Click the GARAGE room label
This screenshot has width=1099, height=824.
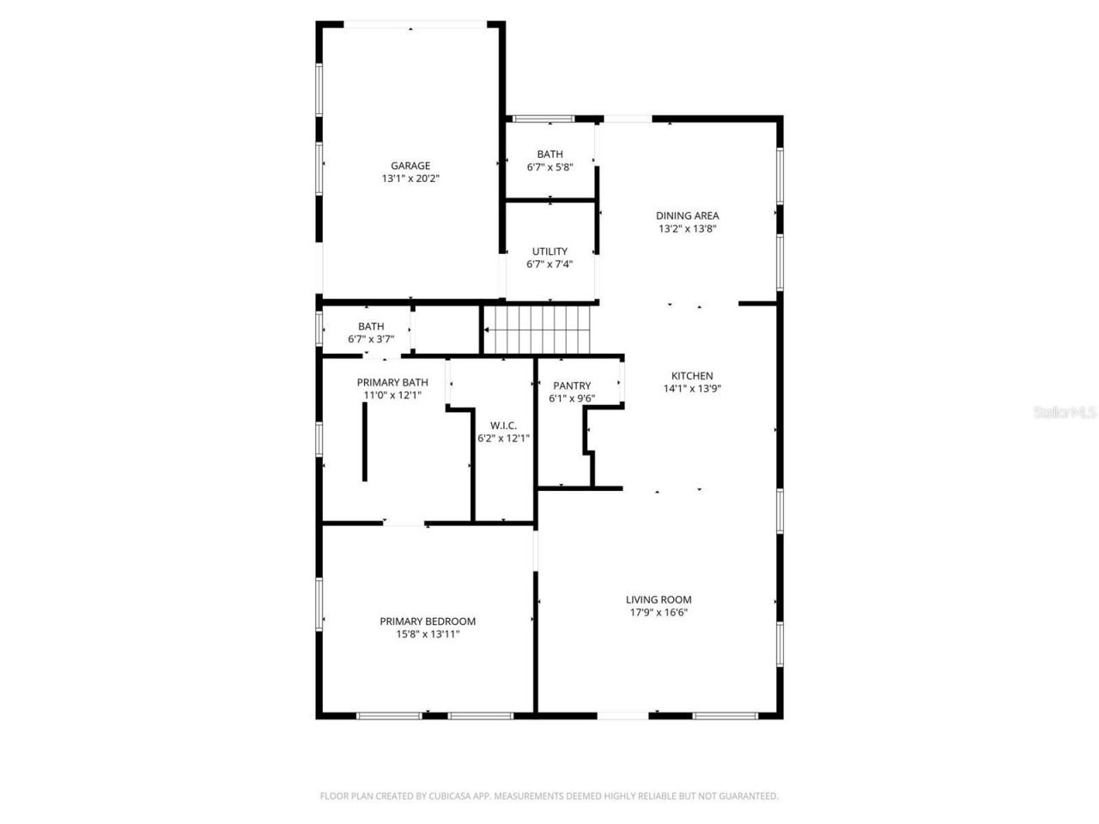click(410, 166)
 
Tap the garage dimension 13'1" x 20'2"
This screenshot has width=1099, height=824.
click(410, 179)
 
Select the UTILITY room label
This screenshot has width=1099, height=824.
click(549, 251)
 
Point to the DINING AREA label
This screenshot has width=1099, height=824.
click(687, 216)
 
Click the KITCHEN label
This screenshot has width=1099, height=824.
click(692, 376)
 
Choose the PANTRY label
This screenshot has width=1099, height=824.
click(572, 386)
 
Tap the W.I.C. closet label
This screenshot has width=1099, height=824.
click(503, 426)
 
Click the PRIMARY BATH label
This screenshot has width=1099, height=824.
click(392, 383)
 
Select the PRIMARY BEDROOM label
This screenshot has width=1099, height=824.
click(428, 621)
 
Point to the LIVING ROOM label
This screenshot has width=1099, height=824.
click(659, 600)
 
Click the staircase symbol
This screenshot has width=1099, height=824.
click(538, 330)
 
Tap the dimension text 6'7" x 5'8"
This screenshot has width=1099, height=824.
click(549, 167)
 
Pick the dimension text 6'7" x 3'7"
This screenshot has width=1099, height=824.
click(371, 339)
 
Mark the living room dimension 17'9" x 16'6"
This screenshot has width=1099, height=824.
click(659, 613)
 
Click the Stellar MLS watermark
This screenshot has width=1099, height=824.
click(1065, 412)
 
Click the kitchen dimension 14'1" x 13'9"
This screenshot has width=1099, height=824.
click(692, 388)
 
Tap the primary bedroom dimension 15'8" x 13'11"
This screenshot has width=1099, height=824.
click(428, 634)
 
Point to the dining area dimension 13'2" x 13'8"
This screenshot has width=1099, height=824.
click(687, 229)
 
